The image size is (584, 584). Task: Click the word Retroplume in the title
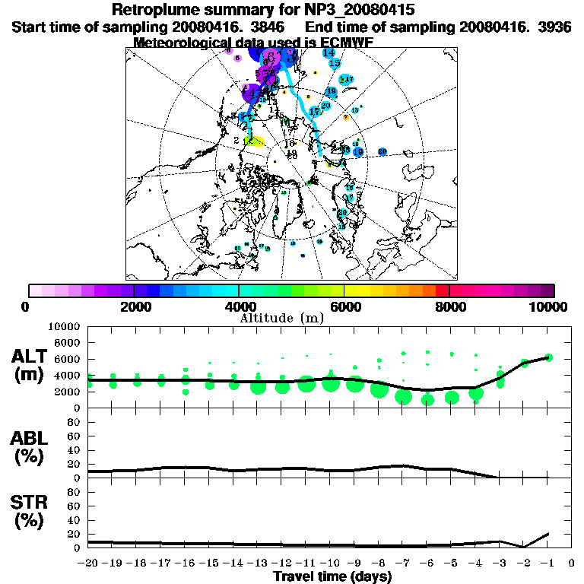(156, 11)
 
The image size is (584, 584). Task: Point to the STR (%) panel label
(31, 512)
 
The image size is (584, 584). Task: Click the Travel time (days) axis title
(332, 577)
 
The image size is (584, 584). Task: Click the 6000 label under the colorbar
(344, 306)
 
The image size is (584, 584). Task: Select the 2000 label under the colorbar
(134, 306)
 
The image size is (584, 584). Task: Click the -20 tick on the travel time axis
(87, 563)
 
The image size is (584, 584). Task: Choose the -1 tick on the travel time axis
(547, 563)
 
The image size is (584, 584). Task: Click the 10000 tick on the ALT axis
(63, 326)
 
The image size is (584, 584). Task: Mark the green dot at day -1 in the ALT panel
(548, 357)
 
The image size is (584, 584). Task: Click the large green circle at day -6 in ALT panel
(427, 400)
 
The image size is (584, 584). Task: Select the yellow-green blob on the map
(255, 141)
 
